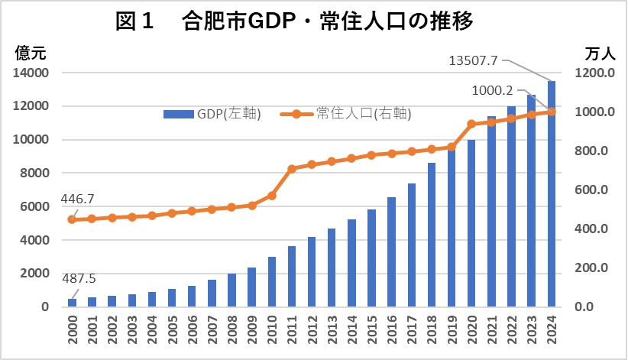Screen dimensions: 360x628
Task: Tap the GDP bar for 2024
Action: coord(552,194)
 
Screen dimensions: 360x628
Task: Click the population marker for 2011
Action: coord(292,169)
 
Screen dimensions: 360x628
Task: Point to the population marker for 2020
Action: coord(471,124)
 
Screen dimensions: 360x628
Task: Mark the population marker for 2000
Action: coord(73,219)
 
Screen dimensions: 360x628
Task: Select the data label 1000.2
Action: coord(494,89)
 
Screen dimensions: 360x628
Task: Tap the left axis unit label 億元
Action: coord(31,54)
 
